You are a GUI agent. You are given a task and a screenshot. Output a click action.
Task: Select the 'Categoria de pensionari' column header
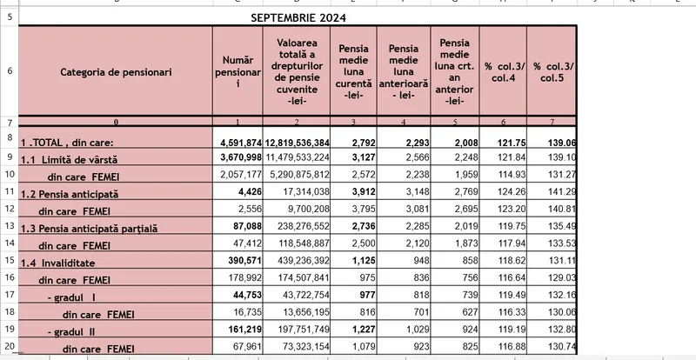pyautogui.click(x=116, y=71)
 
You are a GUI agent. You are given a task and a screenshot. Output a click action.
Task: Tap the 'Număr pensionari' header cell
pyautogui.click(x=238, y=71)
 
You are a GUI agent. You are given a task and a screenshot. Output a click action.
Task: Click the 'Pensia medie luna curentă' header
pyautogui.click(x=355, y=71)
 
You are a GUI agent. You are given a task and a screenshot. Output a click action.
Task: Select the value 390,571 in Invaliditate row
pyautogui.click(x=244, y=262)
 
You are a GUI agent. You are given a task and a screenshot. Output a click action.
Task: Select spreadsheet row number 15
pyautogui.click(x=9, y=261)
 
